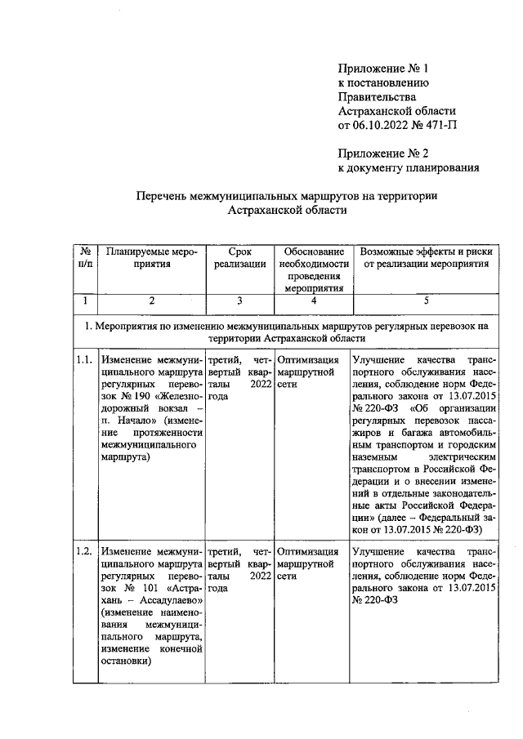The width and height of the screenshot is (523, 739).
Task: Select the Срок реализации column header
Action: pyautogui.click(x=239, y=257)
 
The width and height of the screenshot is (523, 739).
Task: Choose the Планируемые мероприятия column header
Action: pyautogui.click(x=151, y=257)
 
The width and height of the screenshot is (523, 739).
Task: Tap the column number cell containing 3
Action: pyautogui.click(x=239, y=300)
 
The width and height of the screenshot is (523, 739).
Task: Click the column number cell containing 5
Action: pyautogui.click(x=424, y=300)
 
